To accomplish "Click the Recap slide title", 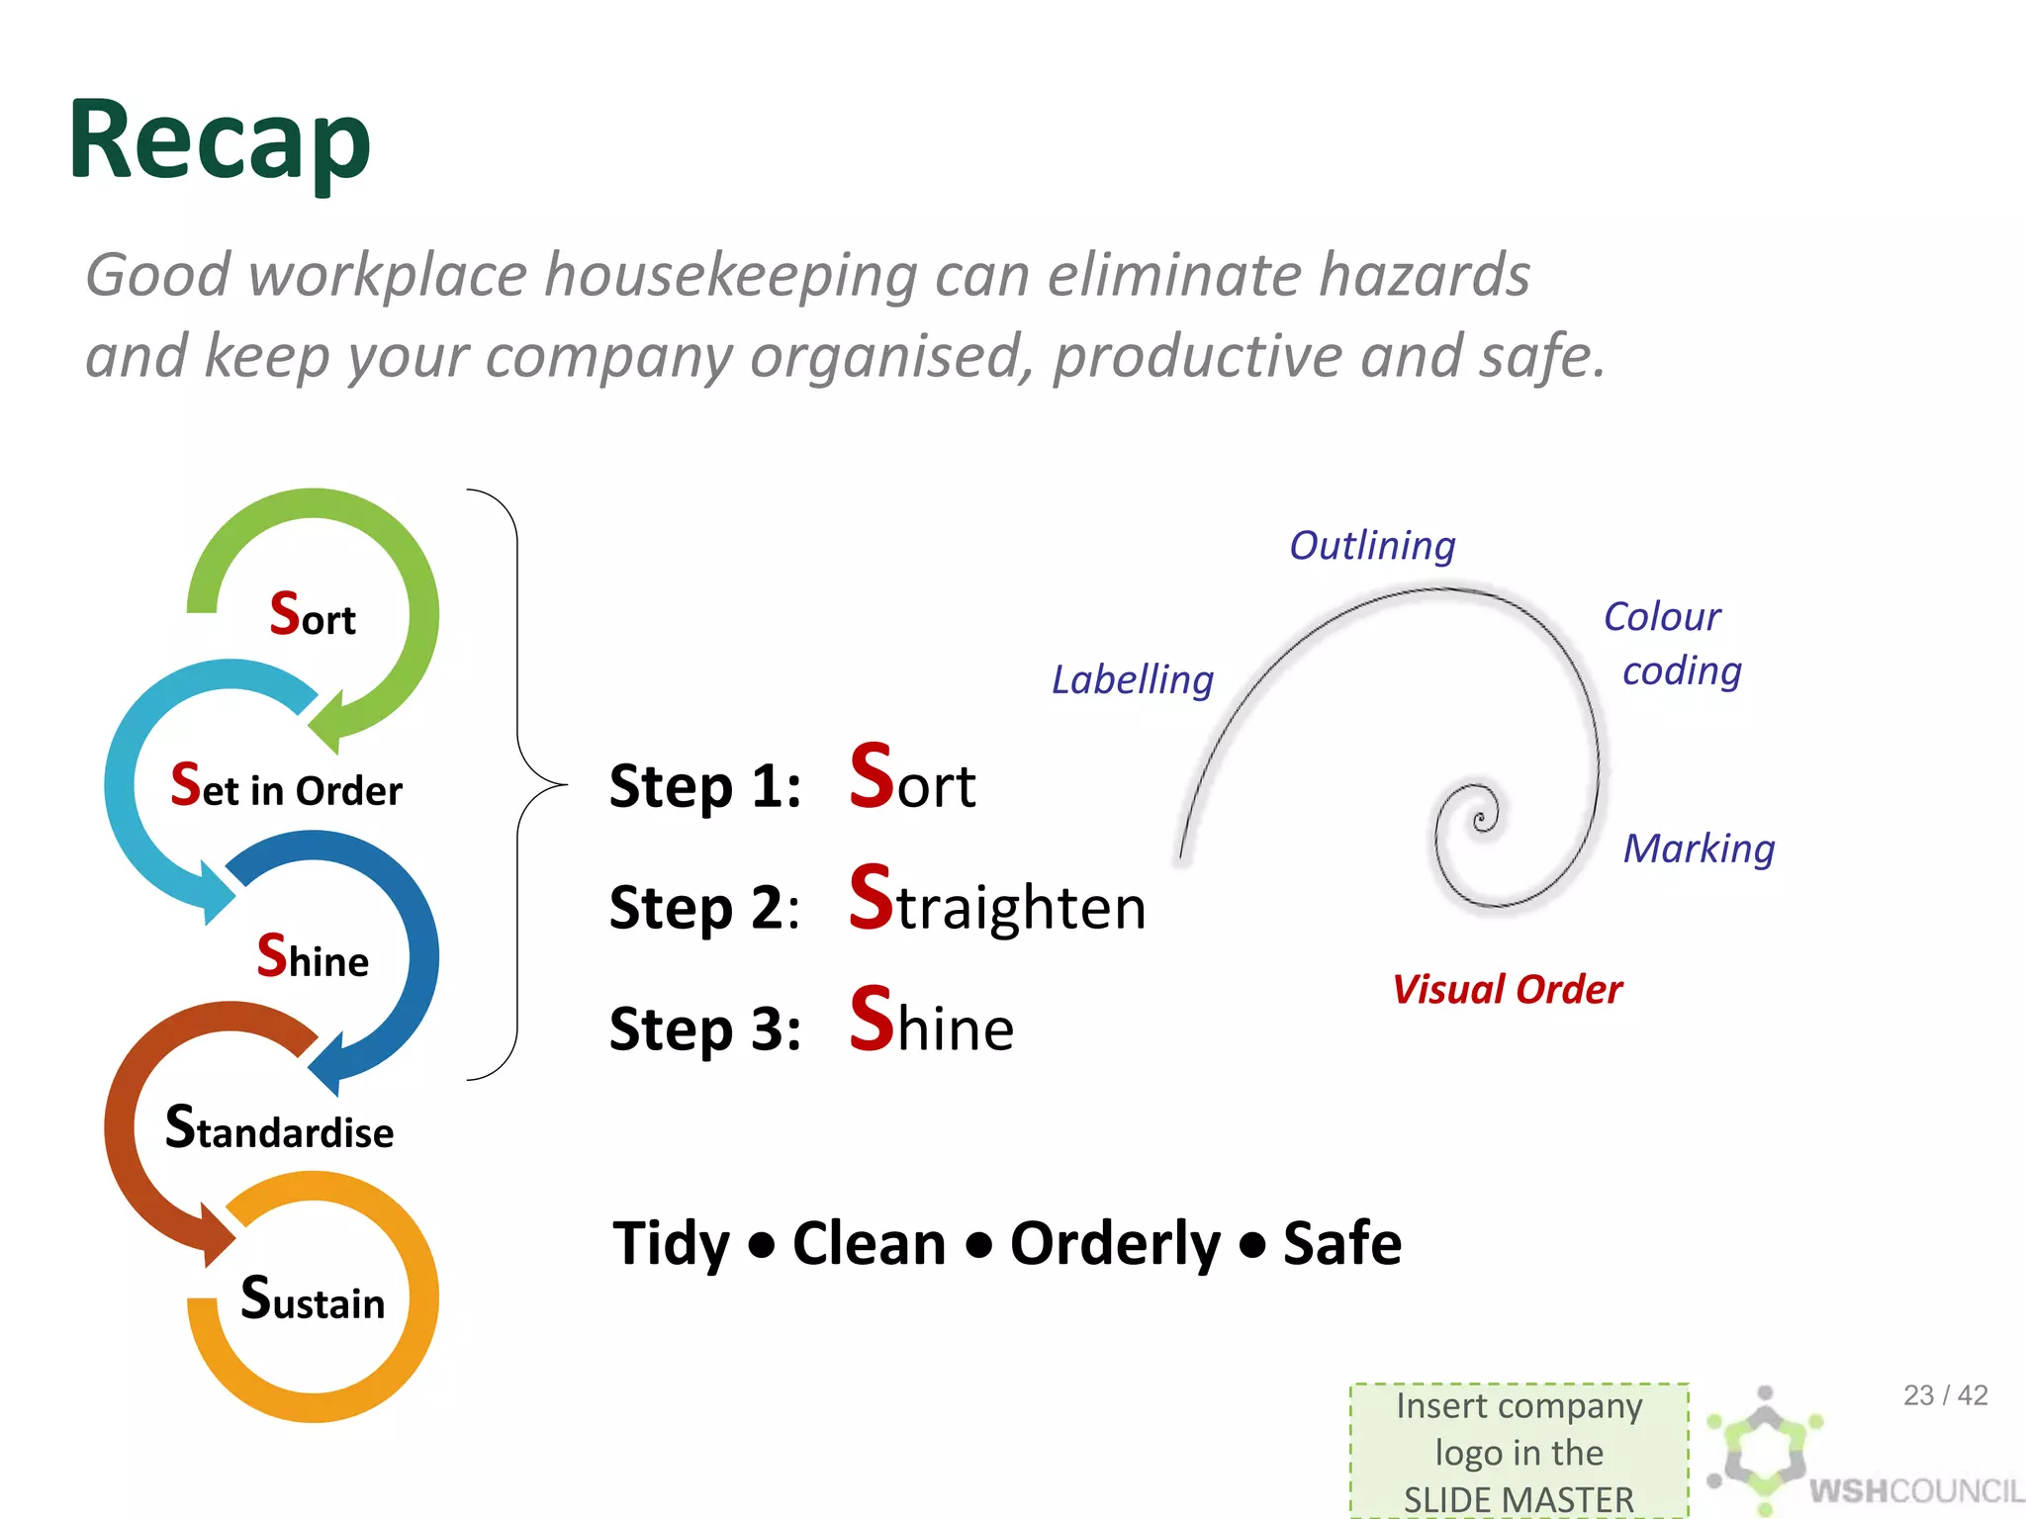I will point(220,140).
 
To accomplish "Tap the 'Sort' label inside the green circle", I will point(313,615).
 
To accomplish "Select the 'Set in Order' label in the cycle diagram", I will point(287,787).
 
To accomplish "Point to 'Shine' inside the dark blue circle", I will point(313,957).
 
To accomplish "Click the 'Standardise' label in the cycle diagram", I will point(280,1129).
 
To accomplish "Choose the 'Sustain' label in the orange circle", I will point(313,1299).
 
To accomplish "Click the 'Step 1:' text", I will point(704,787).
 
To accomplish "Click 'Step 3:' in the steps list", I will point(704,1028).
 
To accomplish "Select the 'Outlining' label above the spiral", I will point(1372,546).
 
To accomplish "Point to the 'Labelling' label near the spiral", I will point(1133,680).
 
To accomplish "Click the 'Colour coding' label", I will point(1672,644).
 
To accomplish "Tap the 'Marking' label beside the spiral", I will point(1699,849).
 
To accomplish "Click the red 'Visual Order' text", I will point(1507,990).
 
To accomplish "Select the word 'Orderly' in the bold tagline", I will point(1115,1244).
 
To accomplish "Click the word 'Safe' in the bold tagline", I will point(1341,1244).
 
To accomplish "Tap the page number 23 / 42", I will point(1945,1395).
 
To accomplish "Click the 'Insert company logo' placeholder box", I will point(1519,1451).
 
